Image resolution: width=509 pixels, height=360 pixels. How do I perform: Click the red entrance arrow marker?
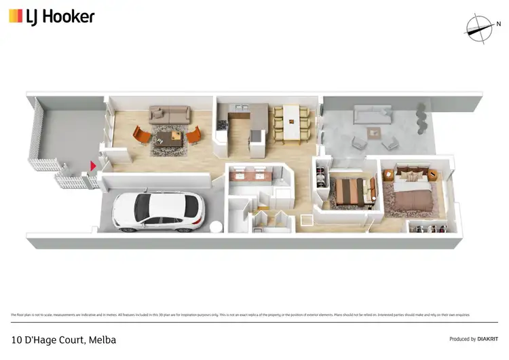coord(93,166)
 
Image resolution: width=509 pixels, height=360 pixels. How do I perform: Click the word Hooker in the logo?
coord(69,16)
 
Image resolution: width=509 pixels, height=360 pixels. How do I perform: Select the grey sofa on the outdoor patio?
coord(372,114)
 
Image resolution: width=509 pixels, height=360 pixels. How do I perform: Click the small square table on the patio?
coord(374,132)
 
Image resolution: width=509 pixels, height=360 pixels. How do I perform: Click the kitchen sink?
coord(240,107)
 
